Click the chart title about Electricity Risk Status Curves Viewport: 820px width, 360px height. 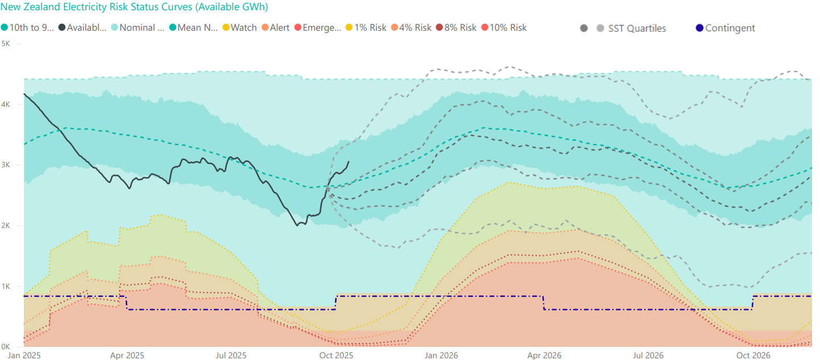coord(135,7)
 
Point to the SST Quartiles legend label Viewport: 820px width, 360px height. coord(637,28)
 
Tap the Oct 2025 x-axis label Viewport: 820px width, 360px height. coord(337,355)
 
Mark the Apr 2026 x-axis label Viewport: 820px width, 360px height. coord(544,355)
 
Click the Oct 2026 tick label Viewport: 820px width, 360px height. coord(753,355)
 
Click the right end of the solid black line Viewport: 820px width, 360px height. coord(349,162)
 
